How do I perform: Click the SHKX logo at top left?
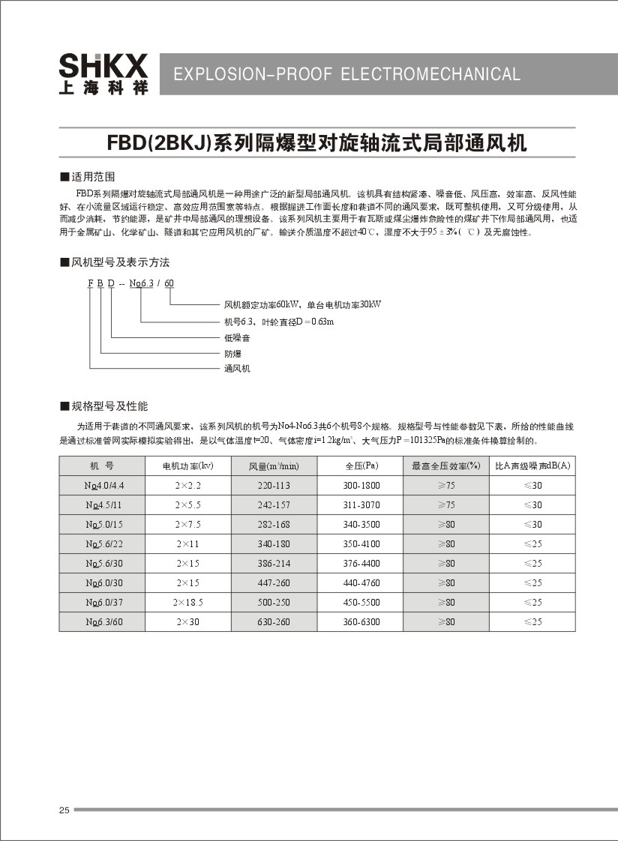point(103,73)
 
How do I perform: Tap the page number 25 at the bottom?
point(64,810)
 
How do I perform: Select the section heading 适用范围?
point(92,177)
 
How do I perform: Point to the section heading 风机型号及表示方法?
point(119,262)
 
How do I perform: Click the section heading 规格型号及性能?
point(109,406)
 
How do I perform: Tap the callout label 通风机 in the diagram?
point(236,368)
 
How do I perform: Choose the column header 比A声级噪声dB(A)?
point(532,466)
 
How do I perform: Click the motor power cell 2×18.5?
point(188,603)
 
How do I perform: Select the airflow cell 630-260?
point(274,622)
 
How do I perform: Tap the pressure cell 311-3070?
point(361,505)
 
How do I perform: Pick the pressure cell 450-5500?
point(361,603)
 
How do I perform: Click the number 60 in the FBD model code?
point(169,283)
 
